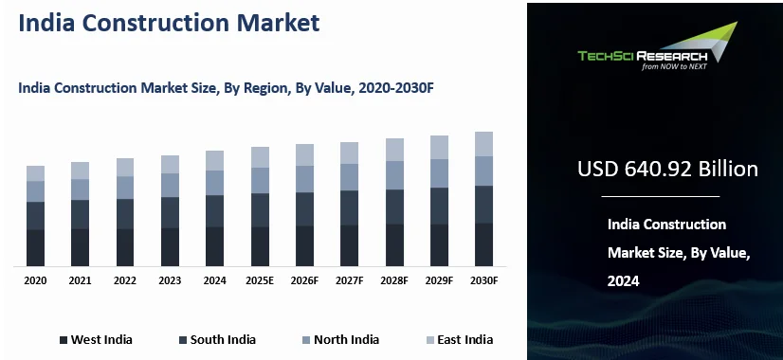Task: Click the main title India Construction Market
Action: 169,24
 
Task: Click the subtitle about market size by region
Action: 226,88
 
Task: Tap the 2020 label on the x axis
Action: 35,281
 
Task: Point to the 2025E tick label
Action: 260,281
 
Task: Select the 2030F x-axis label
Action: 483,281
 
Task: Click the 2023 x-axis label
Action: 170,281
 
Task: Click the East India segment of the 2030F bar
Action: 483,144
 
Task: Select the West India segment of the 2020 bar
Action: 35,247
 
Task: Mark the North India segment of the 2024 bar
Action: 215,183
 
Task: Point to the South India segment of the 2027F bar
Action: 350,207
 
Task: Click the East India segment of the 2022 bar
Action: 125,168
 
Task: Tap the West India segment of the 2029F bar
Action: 439,244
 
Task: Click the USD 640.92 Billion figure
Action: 667,170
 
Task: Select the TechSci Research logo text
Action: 642,56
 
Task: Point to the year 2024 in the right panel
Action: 624,281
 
